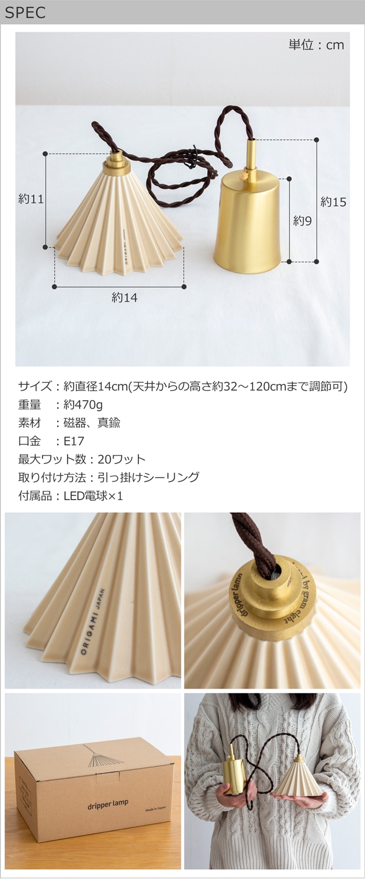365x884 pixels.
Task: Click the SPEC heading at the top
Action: tap(25, 12)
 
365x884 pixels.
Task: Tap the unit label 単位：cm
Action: tap(317, 45)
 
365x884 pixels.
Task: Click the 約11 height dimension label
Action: tap(31, 199)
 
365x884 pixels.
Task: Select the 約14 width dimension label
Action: tap(125, 298)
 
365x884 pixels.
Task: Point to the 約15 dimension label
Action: tap(333, 202)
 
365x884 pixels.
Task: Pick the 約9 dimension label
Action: tap(302, 221)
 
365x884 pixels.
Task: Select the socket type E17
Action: tap(74, 441)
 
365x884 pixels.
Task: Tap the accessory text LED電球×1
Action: tap(94, 496)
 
